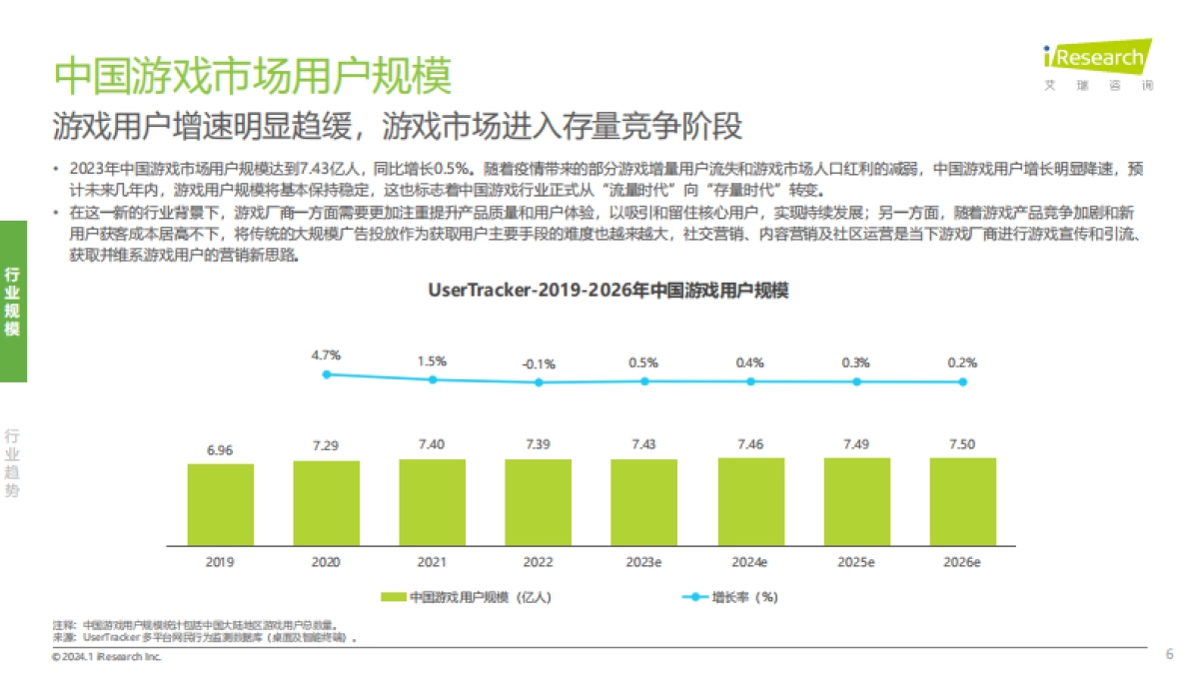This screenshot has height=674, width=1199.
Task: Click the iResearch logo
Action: (x=1096, y=62)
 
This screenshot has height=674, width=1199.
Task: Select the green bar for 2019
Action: (x=220, y=504)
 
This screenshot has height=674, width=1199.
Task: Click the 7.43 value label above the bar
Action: (x=643, y=442)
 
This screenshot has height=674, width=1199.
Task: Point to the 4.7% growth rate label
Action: (x=326, y=354)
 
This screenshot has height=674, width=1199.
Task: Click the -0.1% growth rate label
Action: (x=538, y=363)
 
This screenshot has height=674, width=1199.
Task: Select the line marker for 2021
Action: (x=433, y=379)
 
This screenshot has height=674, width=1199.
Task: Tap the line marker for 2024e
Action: (x=750, y=380)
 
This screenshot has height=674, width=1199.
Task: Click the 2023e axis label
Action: (x=643, y=563)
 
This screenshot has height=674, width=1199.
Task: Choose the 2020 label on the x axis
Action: (x=326, y=563)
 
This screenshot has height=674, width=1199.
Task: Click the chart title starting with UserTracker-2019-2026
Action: (x=608, y=291)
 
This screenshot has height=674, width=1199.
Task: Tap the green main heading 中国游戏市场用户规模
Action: (x=252, y=76)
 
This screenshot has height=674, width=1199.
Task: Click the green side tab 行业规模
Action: (x=13, y=301)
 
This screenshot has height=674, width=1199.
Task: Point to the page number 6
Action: (x=1169, y=654)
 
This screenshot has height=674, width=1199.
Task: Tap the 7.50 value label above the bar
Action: (x=962, y=442)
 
